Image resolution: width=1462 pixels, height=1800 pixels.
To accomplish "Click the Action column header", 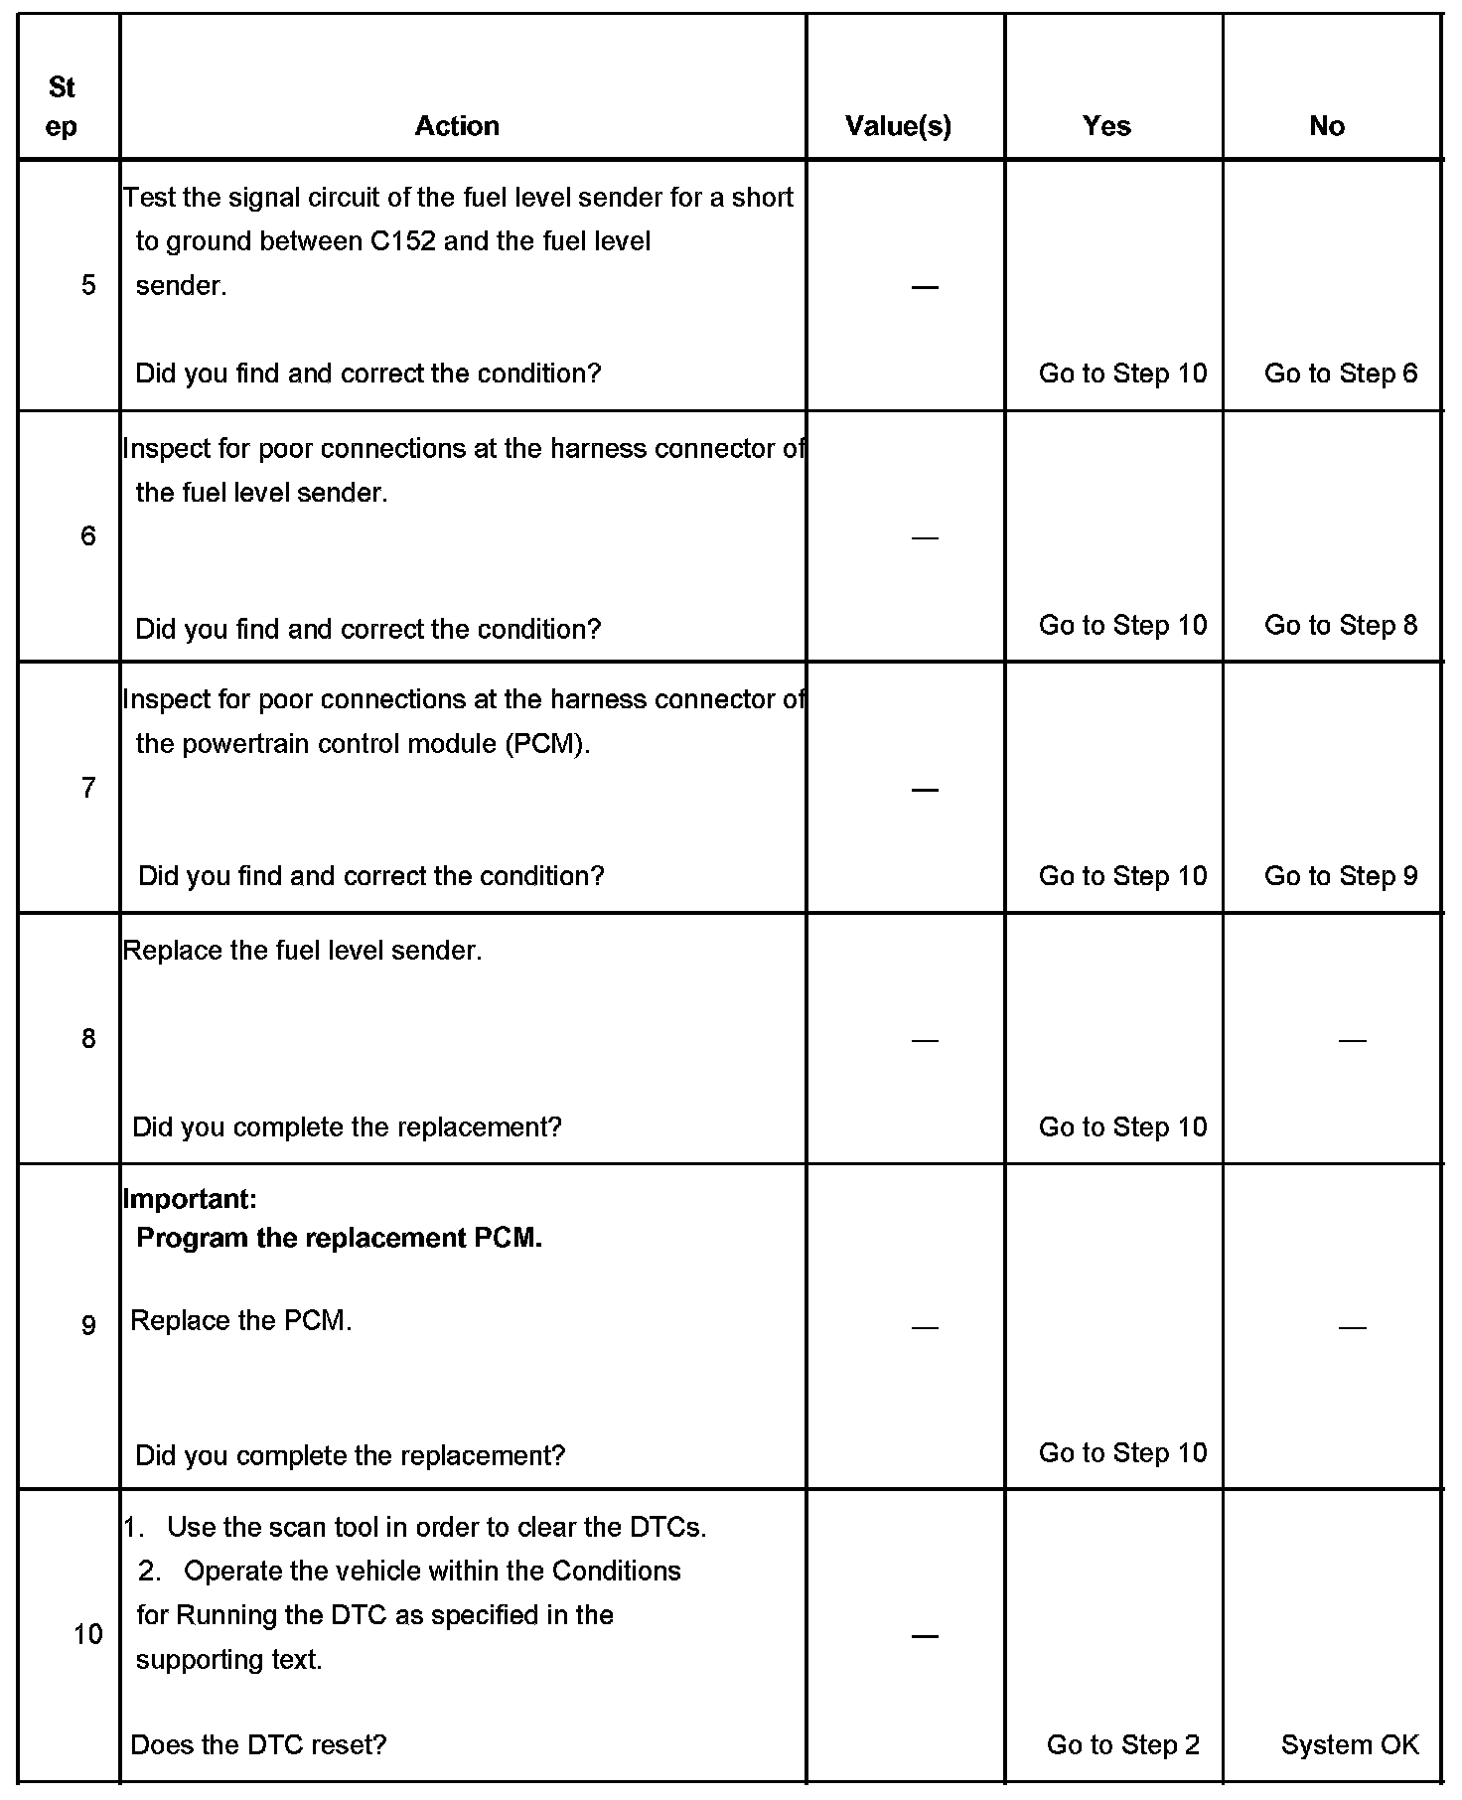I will (457, 126).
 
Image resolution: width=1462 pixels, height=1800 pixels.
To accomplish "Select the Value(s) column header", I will (898, 126).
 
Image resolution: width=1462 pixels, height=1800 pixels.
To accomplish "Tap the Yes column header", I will (1106, 126).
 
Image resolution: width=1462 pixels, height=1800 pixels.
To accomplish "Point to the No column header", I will (1327, 126).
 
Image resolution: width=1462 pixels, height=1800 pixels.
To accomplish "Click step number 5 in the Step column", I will (88, 286).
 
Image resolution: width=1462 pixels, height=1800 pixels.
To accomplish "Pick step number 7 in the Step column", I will (88, 789).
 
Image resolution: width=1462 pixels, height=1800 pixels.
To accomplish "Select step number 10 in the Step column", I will (87, 1635).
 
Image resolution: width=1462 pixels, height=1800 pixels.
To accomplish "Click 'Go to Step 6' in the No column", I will (1341, 374).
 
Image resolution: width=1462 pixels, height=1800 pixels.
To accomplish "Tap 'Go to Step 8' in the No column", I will (1341, 625).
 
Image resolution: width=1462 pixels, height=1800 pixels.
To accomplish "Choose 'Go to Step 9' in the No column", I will (1341, 876).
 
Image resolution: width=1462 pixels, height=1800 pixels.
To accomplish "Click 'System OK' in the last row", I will (1350, 1745).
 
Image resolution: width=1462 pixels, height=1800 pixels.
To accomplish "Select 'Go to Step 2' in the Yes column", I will (1123, 1745).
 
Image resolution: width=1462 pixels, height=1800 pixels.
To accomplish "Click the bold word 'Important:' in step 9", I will (190, 1199).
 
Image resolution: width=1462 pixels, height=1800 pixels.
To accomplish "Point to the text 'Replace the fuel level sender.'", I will (303, 951).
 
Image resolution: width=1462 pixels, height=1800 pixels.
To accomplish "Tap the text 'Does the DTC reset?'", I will (258, 1745).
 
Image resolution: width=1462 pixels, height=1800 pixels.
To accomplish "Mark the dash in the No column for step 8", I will (1352, 1040).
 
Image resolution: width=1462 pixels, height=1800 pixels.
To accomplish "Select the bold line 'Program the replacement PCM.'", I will (339, 1238).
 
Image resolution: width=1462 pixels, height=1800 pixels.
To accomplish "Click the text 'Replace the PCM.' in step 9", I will (241, 1321).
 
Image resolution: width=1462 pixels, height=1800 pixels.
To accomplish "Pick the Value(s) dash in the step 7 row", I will (925, 790).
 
